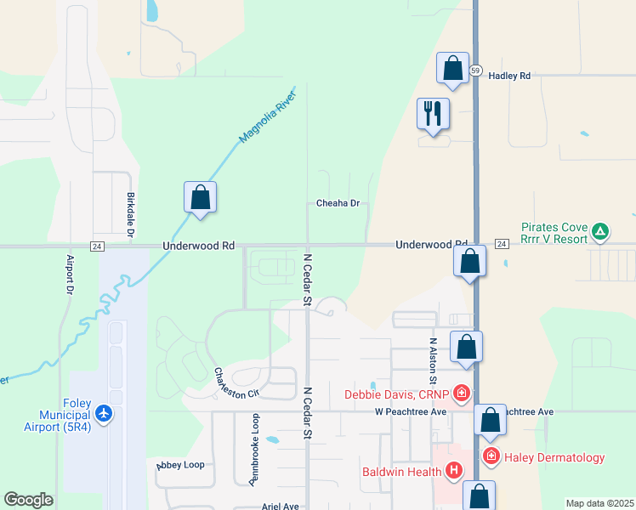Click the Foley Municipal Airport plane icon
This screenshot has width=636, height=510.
click(105, 413)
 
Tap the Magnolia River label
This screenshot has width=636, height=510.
click(265, 116)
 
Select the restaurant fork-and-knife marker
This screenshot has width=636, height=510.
click(433, 113)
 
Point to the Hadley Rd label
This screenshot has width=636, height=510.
click(509, 76)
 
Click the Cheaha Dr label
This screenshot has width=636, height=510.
click(338, 204)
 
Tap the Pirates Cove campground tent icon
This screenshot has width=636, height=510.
click(600, 230)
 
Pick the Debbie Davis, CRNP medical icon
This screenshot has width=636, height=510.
click(461, 393)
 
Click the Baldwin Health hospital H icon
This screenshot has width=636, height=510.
click(454, 469)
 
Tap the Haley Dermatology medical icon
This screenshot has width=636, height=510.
click(491, 457)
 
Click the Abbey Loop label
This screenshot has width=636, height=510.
click(180, 465)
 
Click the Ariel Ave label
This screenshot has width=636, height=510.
click(280, 506)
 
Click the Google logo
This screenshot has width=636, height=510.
click(28, 500)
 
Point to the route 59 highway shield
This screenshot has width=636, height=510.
click(475, 70)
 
